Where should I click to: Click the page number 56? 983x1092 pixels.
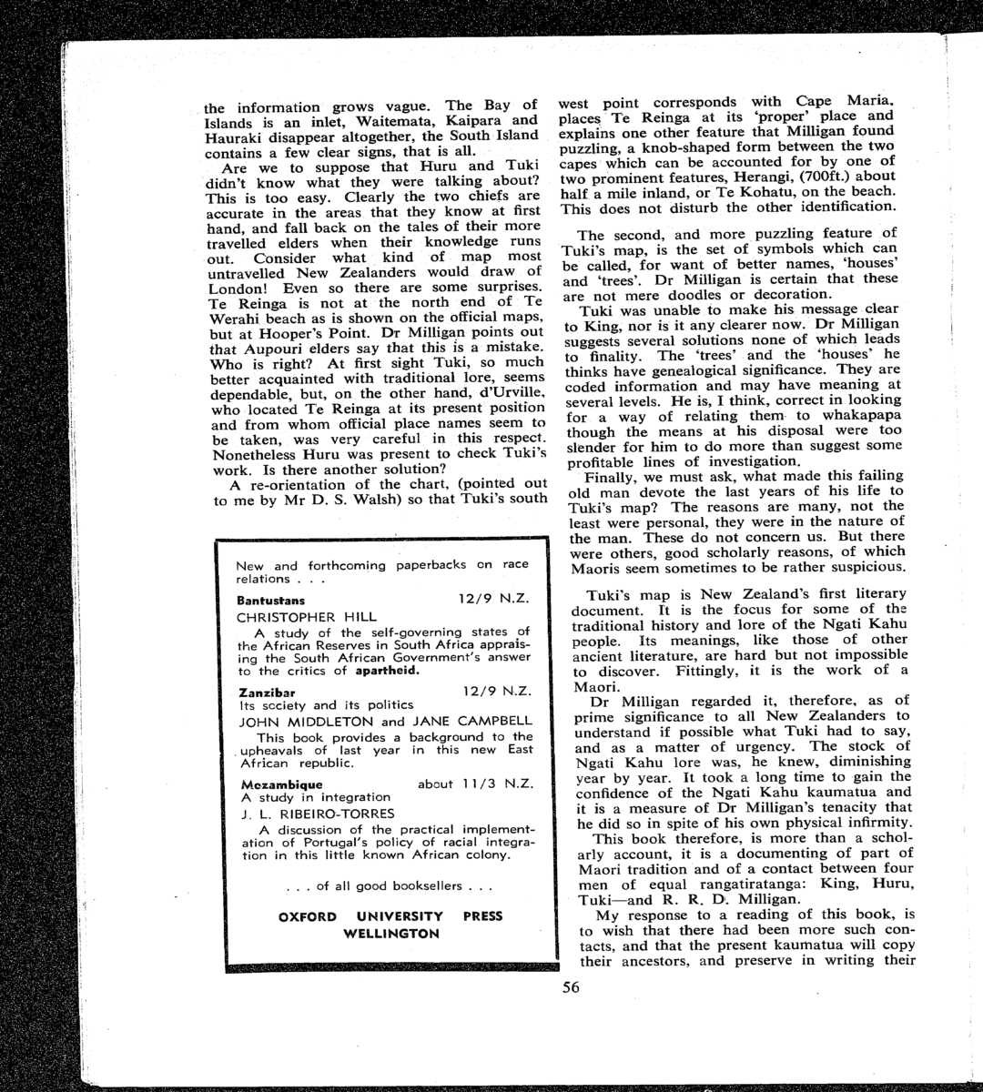pyautogui.click(x=571, y=988)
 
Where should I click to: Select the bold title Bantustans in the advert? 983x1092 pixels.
pyautogui.click(x=270, y=601)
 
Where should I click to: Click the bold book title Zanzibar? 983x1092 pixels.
pyautogui.click(x=266, y=692)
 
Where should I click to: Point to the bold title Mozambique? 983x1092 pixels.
pyautogui.click(x=281, y=784)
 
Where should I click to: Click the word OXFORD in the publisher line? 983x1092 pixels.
pyautogui.click(x=307, y=916)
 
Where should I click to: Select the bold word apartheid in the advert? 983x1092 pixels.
pyautogui.click(x=387, y=671)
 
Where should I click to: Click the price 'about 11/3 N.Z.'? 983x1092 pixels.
pyautogui.click(x=473, y=784)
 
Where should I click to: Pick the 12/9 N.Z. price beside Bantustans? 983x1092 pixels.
pyautogui.click(x=492, y=600)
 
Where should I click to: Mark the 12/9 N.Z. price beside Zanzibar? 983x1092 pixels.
pyautogui.click(x=496, y=692)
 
